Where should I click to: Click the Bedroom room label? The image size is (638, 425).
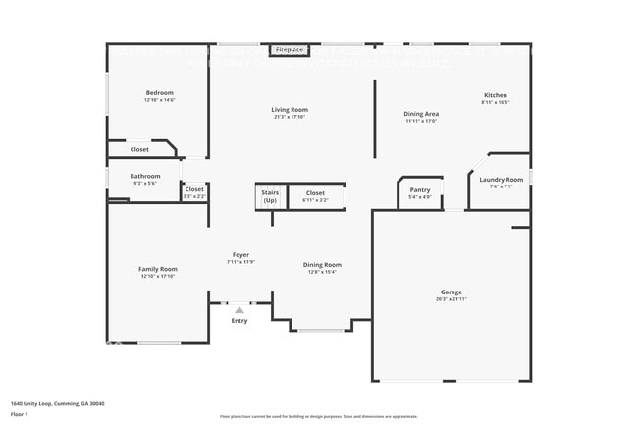159,93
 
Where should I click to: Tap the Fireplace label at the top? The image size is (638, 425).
289,49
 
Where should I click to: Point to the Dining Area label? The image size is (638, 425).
421,114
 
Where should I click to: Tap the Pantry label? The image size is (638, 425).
419,190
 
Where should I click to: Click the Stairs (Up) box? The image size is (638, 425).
270,196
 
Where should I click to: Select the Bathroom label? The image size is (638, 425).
144,177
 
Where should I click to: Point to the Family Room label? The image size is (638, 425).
158,269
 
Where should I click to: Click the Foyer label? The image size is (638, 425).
240,255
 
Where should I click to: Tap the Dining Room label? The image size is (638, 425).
322,264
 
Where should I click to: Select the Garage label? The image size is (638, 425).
451,292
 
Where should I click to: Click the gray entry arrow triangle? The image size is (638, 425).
239,310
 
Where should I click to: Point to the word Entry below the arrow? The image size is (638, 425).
239,321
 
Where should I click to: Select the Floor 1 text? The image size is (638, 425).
21,415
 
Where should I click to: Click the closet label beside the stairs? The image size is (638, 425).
315,193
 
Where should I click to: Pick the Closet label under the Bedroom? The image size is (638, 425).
139,149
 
